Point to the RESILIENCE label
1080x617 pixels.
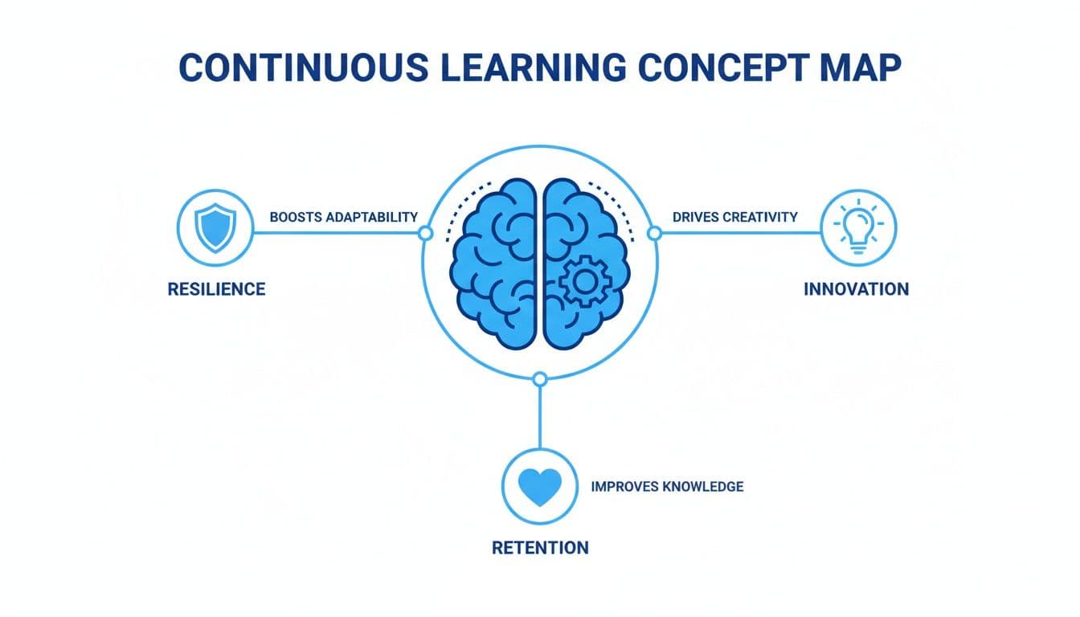pyautogui.click(x=216, y=288)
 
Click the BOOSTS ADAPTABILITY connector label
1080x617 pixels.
pyautogui.click(x=343, y=217)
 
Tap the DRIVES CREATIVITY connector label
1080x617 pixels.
pyautogui.click(x=734, y=217)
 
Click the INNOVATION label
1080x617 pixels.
pyautogui.click(x=856, y=288)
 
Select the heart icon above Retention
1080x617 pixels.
pyautogui.click(x=540, y=485)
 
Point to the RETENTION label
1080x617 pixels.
pyautogui.click(x=540, y=548)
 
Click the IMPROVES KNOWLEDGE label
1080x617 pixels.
pyautogui.click(x=667, y=486)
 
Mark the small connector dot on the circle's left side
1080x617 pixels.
pyautogui.click(x=426, y=233)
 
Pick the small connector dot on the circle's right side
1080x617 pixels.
pyautogui.click(x=654, y=233)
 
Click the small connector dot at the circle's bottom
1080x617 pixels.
pyautogui.click(x=540, y=378)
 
